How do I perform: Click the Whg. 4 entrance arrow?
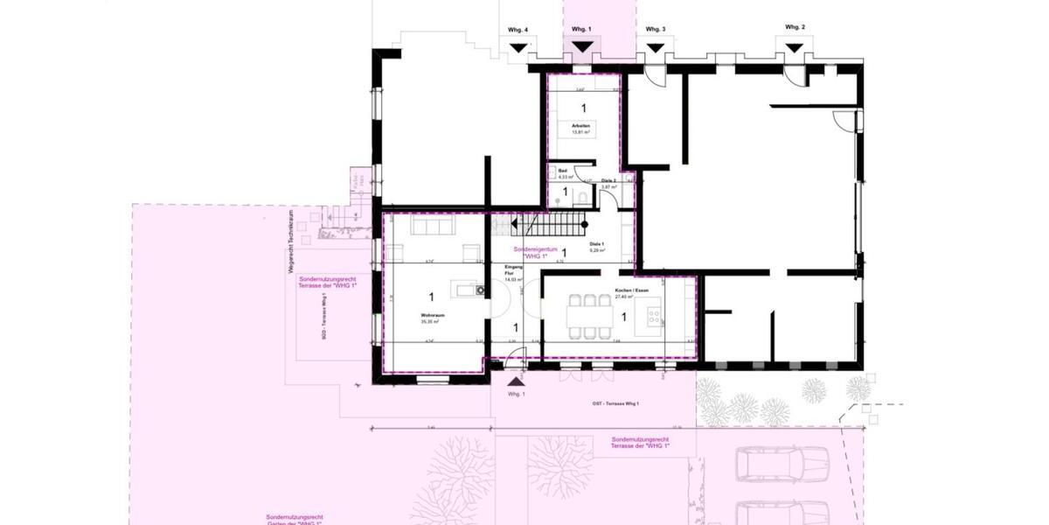pos(519,48)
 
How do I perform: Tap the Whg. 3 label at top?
pos(656,30)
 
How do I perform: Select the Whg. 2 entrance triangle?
pos(795,48)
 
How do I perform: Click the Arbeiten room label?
pos(581,126)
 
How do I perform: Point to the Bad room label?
pos(563,171)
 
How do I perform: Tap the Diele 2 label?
pos(609,181)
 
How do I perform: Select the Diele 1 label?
pos(597,245)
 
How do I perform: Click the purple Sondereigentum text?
pos(531,252)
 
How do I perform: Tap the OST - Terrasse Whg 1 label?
pos(615,403)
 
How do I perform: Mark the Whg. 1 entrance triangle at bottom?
pos(516,381)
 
